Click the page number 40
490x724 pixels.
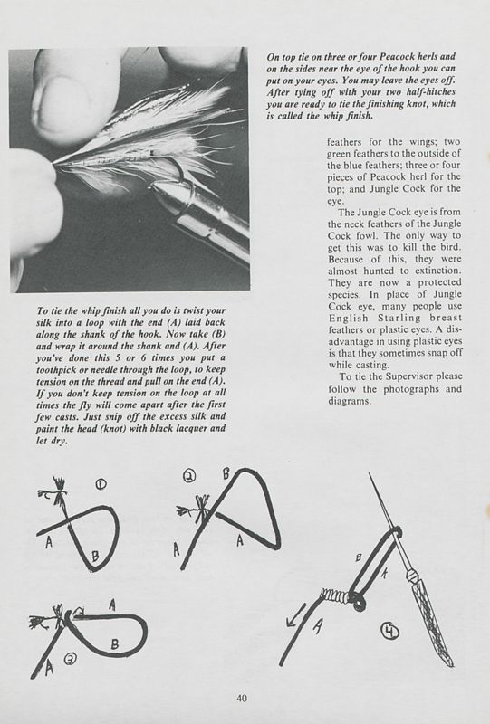[x=242, y=697]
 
